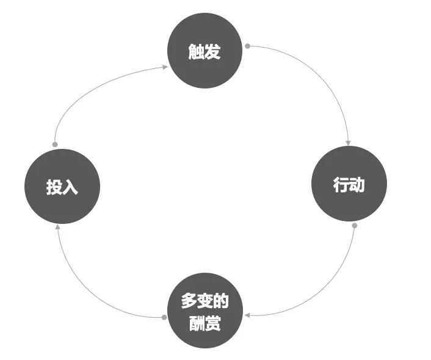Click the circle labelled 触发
click(x=205, y=51)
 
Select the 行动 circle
click(x=349, y=184)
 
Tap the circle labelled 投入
click(x=62, y=186)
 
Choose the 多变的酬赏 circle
click(x=205, y=311)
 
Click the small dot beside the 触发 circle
click(x=247, y=46)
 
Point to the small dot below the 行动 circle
click(x=355, y=226)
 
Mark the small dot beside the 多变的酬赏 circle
click(x=164, y=317)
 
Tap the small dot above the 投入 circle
click(x=55, y=145)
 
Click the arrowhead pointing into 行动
click(x=348, y=143)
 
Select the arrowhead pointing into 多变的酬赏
click(x=247, y=315)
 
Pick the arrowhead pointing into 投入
click(x=58, y=227)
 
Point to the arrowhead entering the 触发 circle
click(x=165, y=67)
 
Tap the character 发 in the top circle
click(x=212, y=51)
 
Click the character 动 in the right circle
click(x=357, y=184)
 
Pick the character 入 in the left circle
click(x=70, y=187)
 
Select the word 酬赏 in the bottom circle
click(x=205, y=323)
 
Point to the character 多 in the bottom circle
click(x=189, y=301)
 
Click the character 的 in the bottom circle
click(x=221, y=301)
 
